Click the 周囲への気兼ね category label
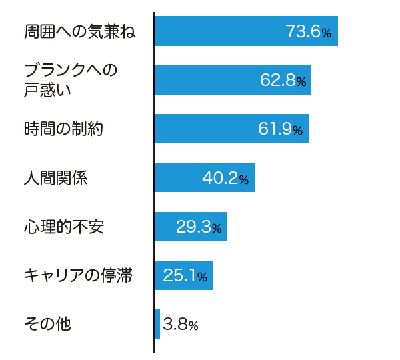pyautogui.click(x=79, y=31)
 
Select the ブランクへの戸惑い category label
pyautogui.click(x=71, y=80)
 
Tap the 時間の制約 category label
pyautogui.click(x=63, y=129)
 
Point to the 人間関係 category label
pyautogui.click(x=55, y=177)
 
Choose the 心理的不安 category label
pyautogui.click(x=64, y=227)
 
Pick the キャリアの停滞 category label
pyautogui.click(x=78, y=275)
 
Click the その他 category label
pyautogui.click(x=47, y=324)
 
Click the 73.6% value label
pyautogui.click(x=309, y=31)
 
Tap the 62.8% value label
pyautogui.click(x=283, y=80)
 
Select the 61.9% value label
pyautogui.click(x=280, y=129)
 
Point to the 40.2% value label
pyautogui.click(x=225, y=178)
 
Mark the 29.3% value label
pyautogui.click(x=199, y=227)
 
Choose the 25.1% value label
pyautogui.click(x=185, y=275)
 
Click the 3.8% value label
pyautogui.click(x=181, y=324)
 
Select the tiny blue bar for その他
pyautogui.click(x=157, y=324)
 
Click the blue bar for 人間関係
pyautogui.click(x=205, y=177)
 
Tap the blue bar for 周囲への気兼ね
pyautogui.click(x=247, y=31)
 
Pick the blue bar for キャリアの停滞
pyautogui.click(x=184, y=275)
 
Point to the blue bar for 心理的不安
pyautogui.click(x=191, y=227)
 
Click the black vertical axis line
pyautogui.click(x=155, y=183)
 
